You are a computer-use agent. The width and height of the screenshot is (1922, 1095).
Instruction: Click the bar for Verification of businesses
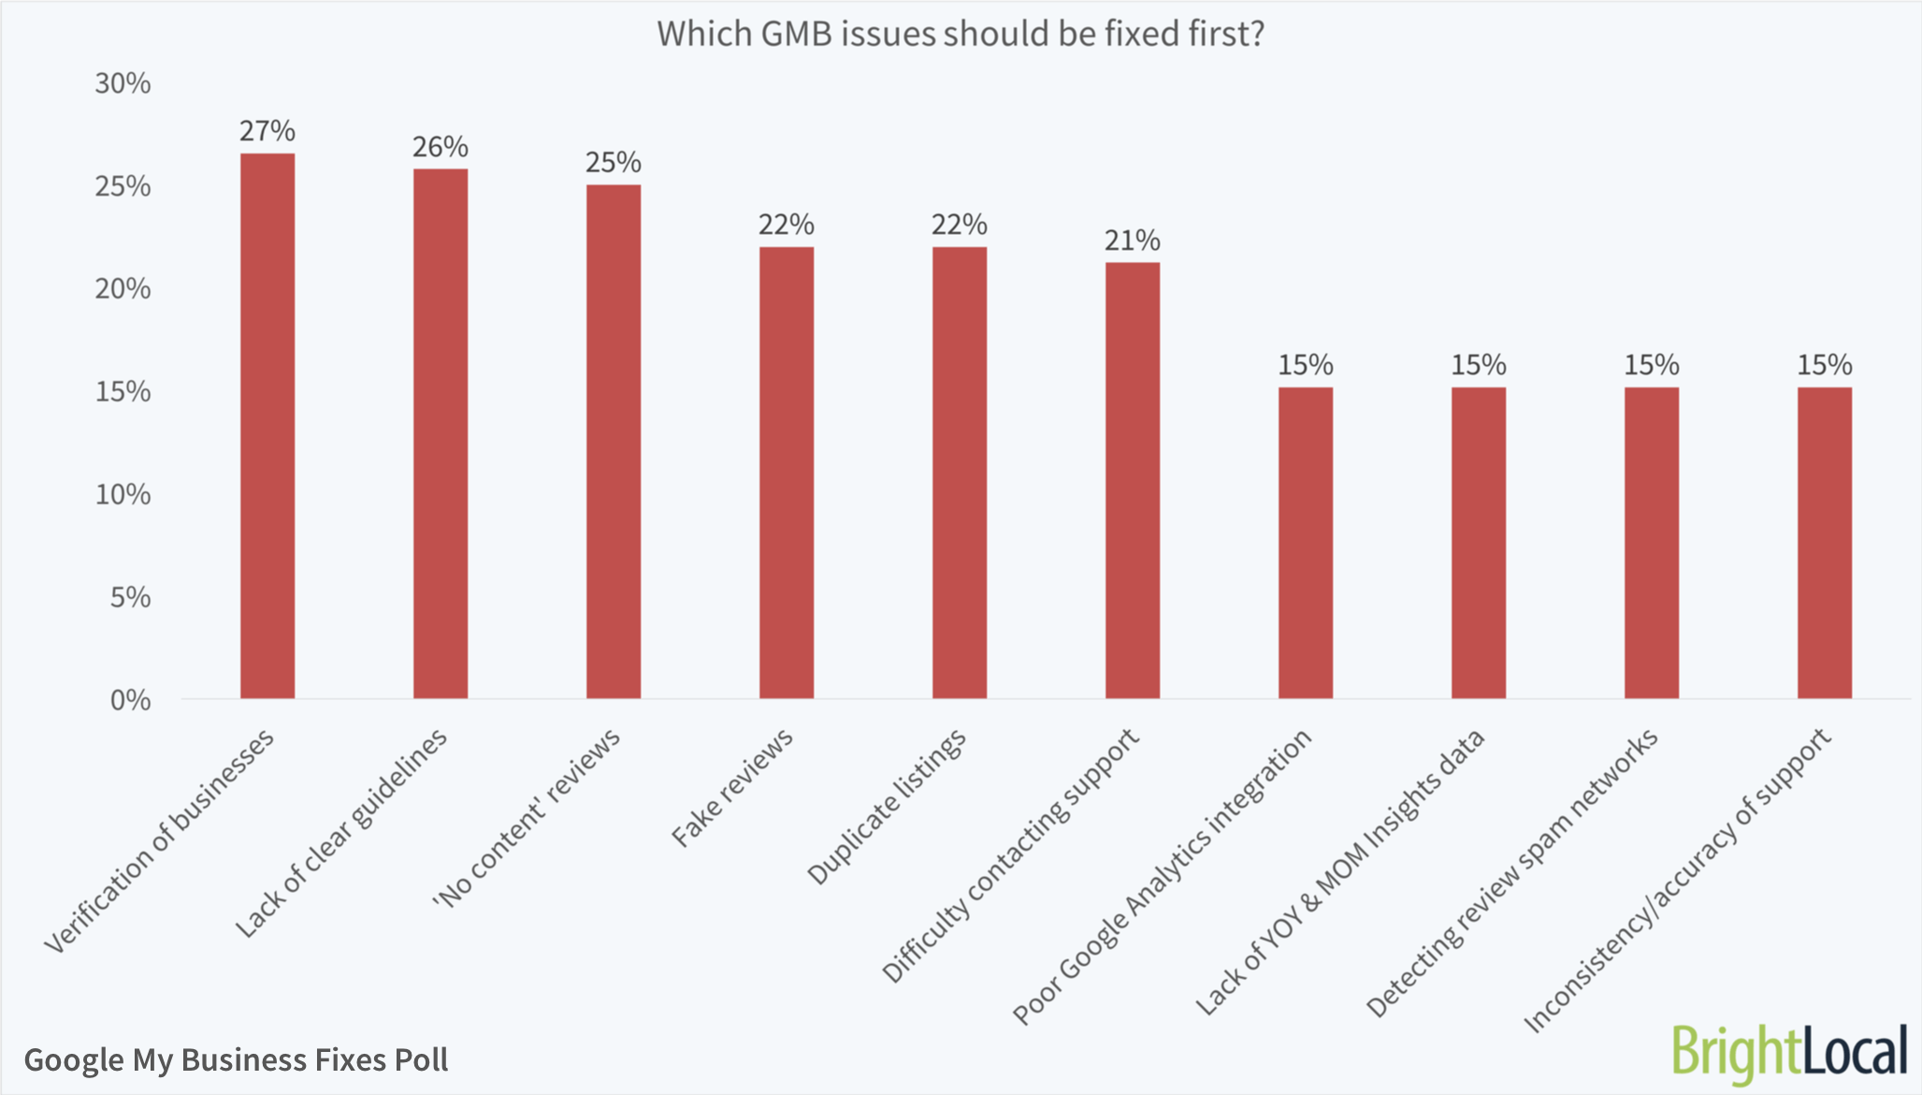pos(267,426)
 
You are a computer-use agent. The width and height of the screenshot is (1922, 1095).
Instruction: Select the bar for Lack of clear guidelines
pos(441,433)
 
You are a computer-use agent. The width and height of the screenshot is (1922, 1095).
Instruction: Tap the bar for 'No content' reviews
pos(614,442)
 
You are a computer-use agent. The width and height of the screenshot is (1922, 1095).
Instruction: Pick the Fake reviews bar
pos(787,473)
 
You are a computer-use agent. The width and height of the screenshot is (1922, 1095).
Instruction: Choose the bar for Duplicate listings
pos(960,473)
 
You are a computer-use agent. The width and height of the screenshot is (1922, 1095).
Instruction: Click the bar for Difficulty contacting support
pos(1133,480)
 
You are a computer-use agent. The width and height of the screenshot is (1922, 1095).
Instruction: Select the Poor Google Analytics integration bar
pos(1306,543)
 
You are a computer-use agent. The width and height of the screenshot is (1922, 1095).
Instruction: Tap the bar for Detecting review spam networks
pos(1652,543)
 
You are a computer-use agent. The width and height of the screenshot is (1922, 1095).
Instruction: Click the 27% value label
pos(267,131)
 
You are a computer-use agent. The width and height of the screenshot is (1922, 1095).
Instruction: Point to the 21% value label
pos(1133,241)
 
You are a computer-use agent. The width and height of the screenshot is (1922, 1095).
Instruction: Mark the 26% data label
pos(441,147)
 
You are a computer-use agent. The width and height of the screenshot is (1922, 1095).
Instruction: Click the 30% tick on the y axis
pos(123,83)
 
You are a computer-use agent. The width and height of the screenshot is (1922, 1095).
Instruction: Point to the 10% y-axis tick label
pos(123,494)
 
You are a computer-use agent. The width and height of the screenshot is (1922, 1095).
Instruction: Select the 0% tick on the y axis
pos(130,700)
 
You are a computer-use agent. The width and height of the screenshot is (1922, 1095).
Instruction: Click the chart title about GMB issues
pos(961,34)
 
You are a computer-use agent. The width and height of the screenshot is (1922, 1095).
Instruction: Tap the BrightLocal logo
pos(1789,1053)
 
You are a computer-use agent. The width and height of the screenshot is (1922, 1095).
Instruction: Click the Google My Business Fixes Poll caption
pos(236,1059)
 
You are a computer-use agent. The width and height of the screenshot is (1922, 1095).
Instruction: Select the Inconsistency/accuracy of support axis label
pos(1678,880)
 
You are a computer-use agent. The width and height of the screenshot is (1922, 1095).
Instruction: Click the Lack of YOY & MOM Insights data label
pos(1339,872)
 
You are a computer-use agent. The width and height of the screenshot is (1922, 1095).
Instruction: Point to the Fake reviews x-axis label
pos(732,787)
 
